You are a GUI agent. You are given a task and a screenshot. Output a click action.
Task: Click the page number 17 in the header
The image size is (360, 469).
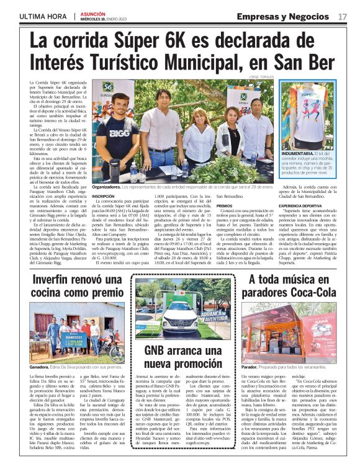coord(343,16)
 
